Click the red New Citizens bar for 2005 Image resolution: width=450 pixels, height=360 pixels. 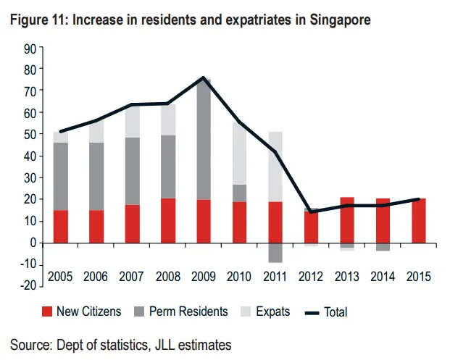pos(61,226)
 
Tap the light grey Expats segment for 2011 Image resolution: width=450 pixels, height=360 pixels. pos(275,167)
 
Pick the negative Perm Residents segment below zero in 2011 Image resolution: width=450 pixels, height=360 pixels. pos(275,252)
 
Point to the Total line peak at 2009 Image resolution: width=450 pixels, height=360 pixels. pos(204,78)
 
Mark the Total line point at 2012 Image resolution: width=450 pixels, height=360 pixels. pos(311,212)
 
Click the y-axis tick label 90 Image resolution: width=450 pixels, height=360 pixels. pos(30,49)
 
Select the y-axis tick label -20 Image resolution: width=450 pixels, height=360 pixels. pos(27,285)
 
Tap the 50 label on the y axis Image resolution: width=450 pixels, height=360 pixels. pos(30,135)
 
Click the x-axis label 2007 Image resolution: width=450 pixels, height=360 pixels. pos(132,276)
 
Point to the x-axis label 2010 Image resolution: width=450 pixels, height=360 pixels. pos(239,276)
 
